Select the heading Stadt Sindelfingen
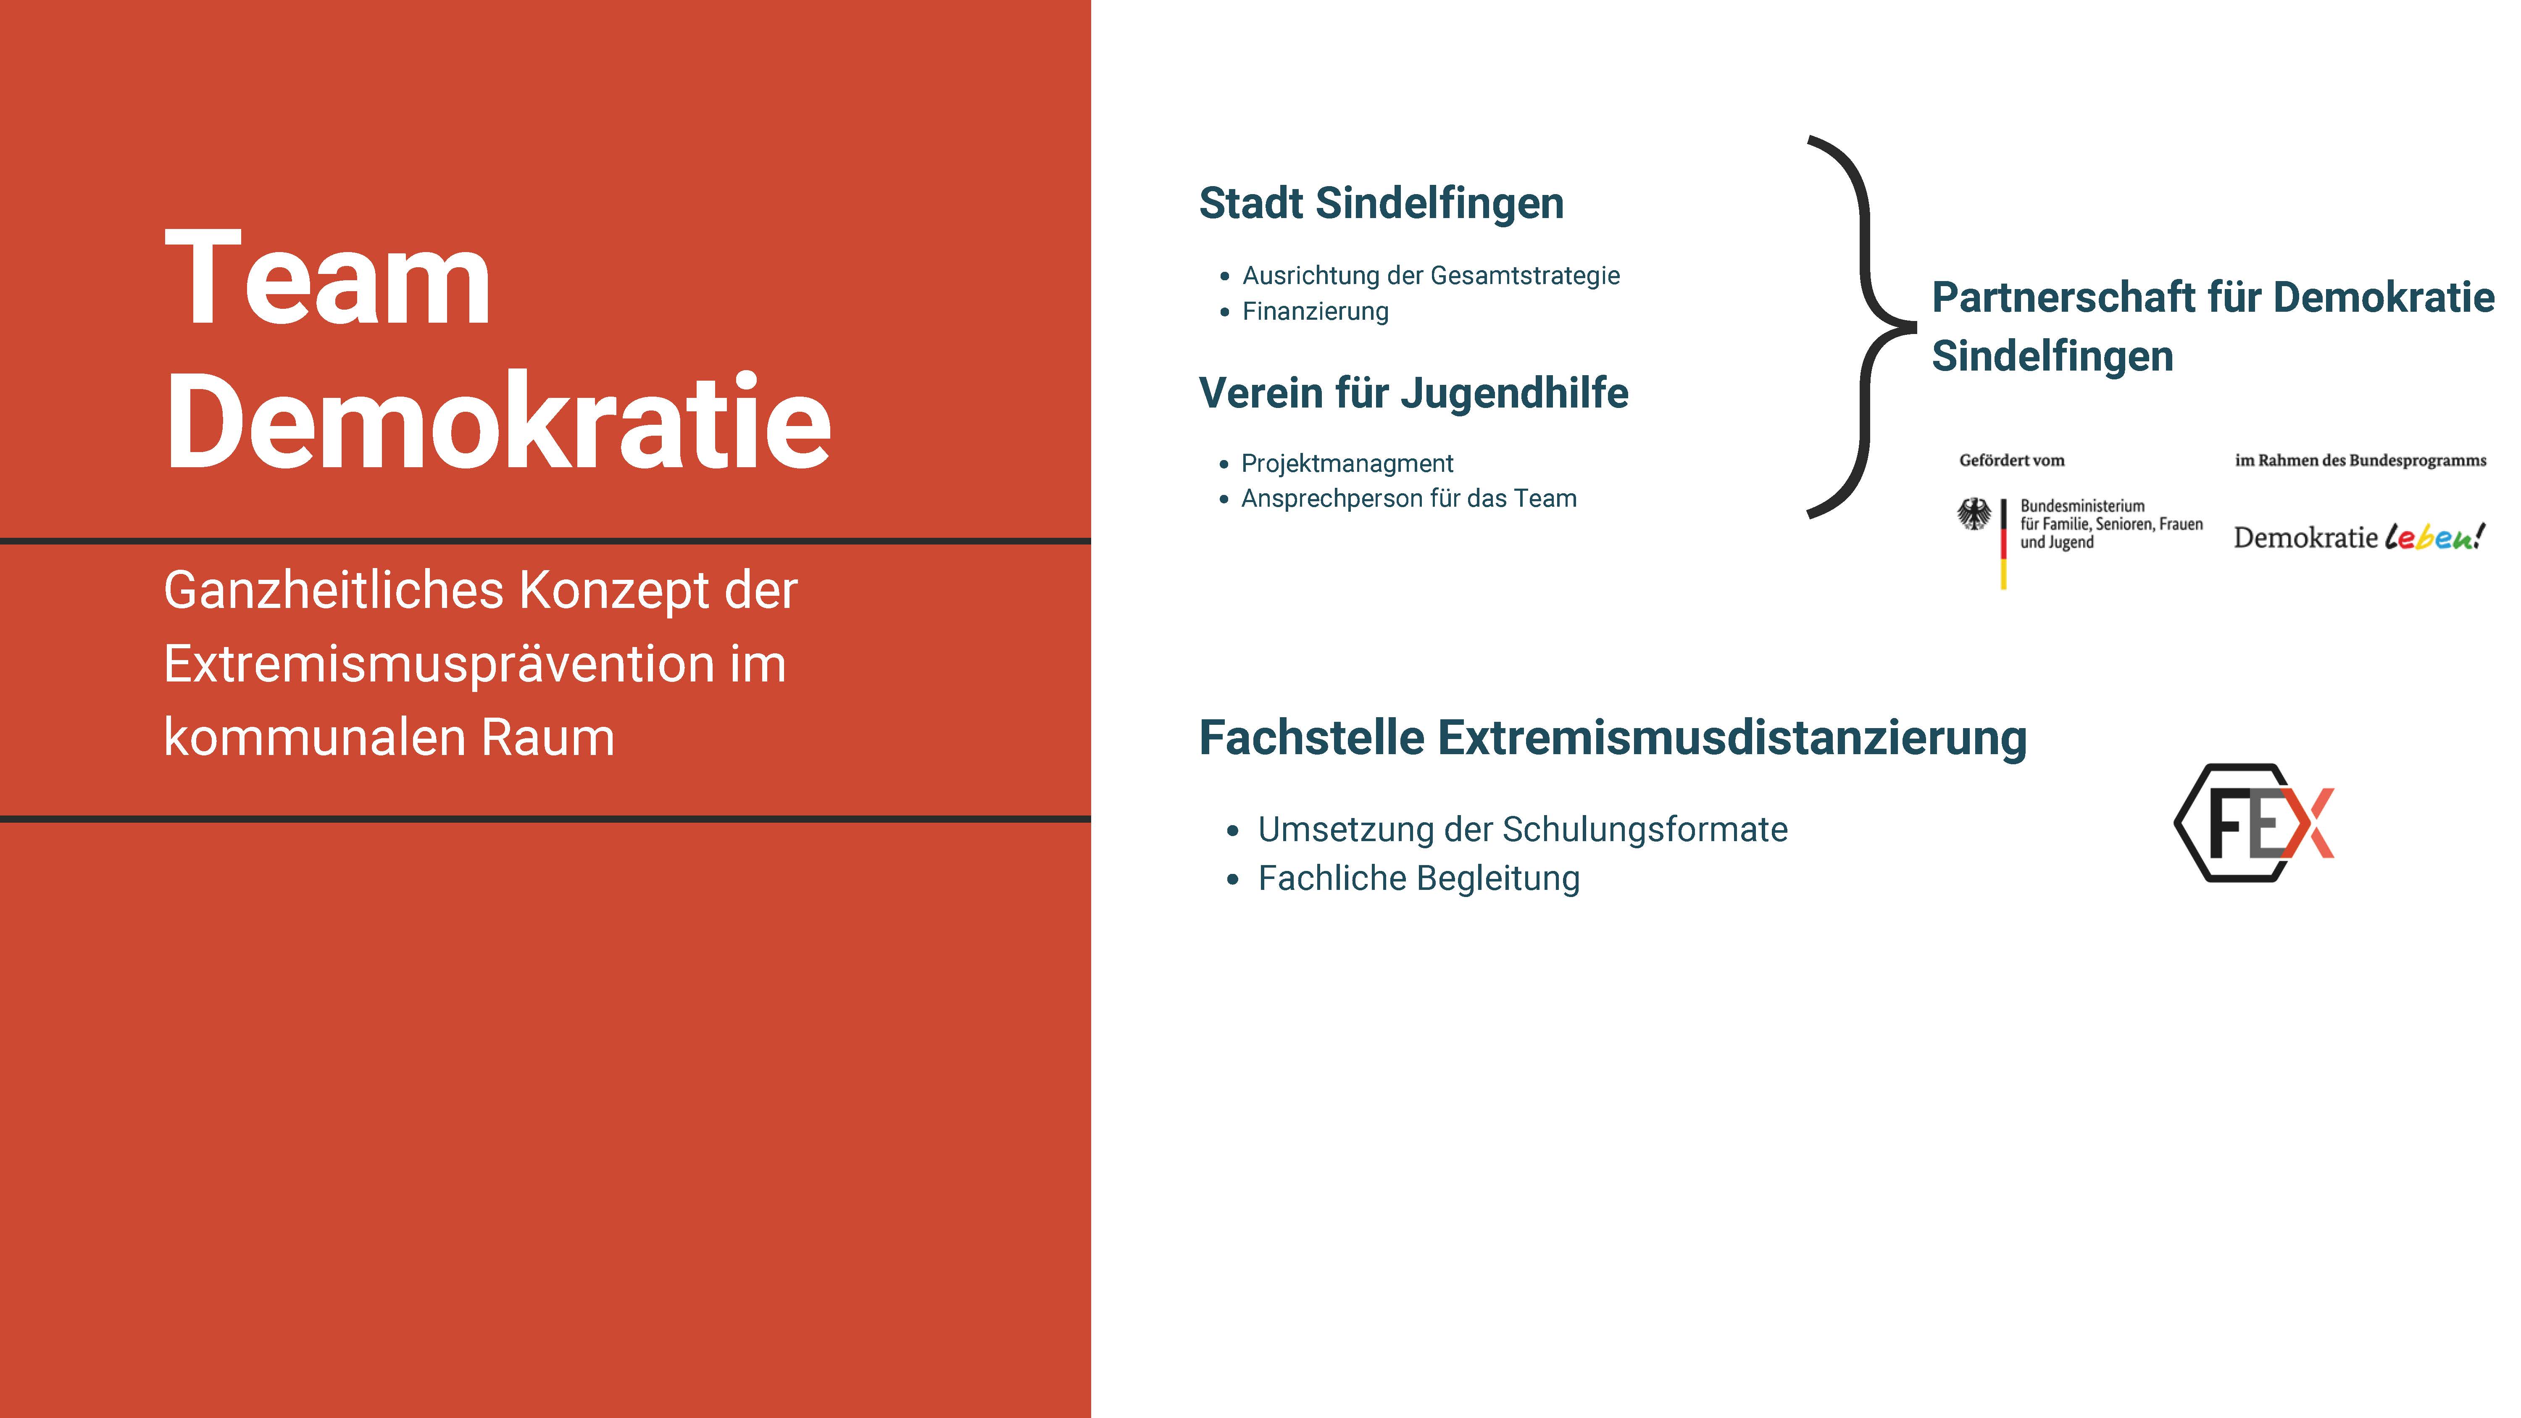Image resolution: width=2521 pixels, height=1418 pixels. [x=1381, y=203]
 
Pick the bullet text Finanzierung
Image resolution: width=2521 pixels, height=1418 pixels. [x=1315, y=311]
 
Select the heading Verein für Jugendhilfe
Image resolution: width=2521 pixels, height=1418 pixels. [x=1413, y=393]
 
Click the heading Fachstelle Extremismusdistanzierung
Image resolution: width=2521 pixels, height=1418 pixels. [x=1613, y=738]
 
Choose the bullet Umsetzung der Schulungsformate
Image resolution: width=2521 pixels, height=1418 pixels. [x=1523, y=830]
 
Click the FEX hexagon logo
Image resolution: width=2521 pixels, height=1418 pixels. [x=2253, y=823]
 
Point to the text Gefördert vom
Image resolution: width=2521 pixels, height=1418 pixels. [x=2011, y=460]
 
